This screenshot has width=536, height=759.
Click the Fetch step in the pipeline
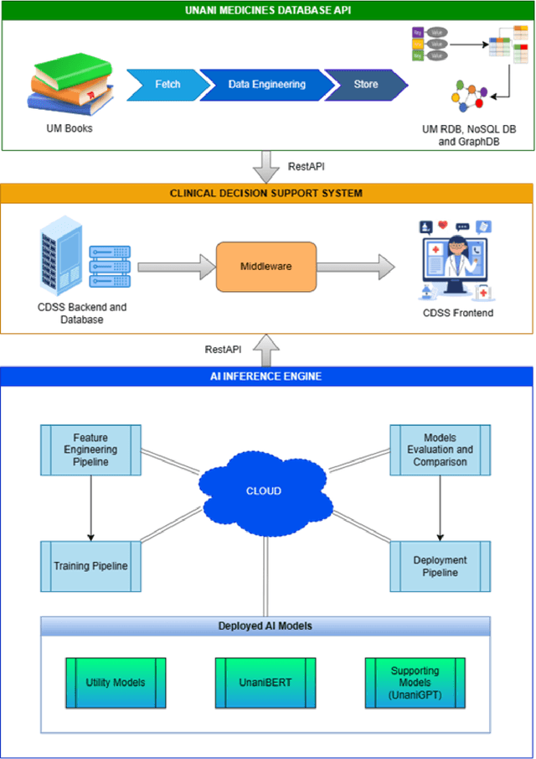pyautogui.click(x=167, y=85)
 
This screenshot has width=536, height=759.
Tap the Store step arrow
pyautogui.click(x=365, y=85)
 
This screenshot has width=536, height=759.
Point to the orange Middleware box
pyautogui.click(x=266, y=267)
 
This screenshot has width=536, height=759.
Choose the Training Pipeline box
pyautogui.click(x=90, y=566)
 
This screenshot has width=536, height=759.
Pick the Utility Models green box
pyautogui.click(x=116, y=682)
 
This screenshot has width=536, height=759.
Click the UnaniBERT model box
pyautogui.click(x=265, y=682)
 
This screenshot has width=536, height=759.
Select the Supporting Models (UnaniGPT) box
pyautogui.click(x=415, y=682)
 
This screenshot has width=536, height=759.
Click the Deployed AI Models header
pyautogui.click(x=265, y=626)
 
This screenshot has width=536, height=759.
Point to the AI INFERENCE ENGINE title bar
pyautogui.click(x=266, y=377)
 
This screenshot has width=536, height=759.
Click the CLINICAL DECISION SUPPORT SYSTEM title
pyautogui.click(x=266, y=193)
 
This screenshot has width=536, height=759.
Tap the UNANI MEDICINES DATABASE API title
pyautogui.click(x=266, y=11)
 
